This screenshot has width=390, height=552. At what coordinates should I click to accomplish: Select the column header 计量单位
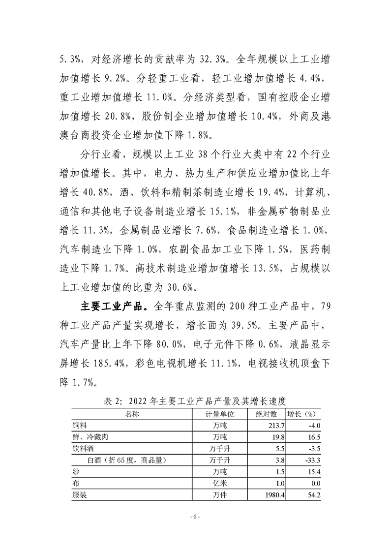point(219,414)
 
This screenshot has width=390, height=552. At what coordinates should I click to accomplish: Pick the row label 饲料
point(80,425)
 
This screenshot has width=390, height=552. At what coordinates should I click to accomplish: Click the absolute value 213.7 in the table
point(275,425)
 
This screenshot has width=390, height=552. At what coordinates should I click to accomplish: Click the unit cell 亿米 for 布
point(219,484)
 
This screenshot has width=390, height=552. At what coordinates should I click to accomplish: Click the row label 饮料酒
point(84,449)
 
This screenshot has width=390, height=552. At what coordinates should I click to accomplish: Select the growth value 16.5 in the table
point(313,437)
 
